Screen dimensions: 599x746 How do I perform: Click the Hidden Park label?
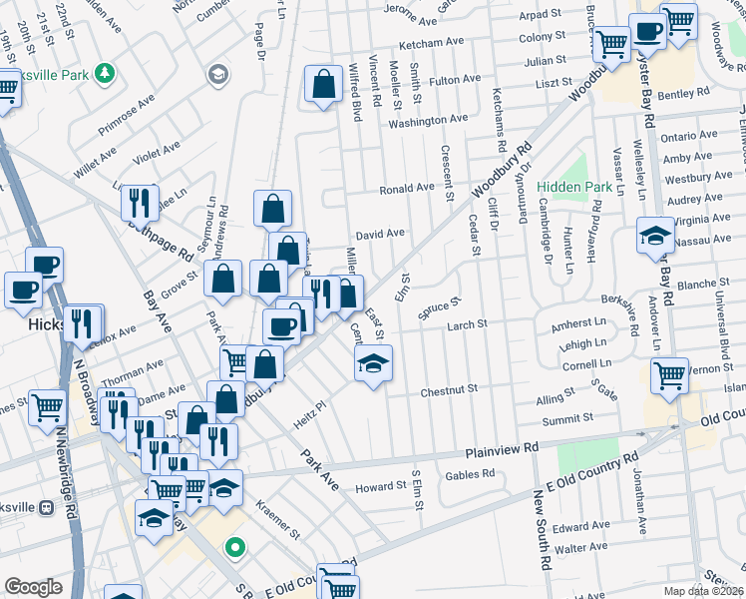[573, 187]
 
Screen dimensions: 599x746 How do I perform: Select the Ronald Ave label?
[406, 188]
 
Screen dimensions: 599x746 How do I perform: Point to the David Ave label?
[380, 234]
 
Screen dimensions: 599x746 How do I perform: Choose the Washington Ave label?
[428, 120]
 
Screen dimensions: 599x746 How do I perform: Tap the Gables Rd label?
[470, 474]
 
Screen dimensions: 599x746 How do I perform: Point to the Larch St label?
[467, 324]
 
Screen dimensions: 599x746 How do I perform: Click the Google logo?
[33, 587]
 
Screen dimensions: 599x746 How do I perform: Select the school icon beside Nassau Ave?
[654, 236]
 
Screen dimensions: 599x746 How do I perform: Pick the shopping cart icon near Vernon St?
[669, 376]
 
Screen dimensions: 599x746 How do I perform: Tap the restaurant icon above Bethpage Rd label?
[140, 202]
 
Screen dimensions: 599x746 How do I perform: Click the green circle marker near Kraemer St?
[235, 547]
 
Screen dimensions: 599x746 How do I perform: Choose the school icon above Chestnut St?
[374, 362]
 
